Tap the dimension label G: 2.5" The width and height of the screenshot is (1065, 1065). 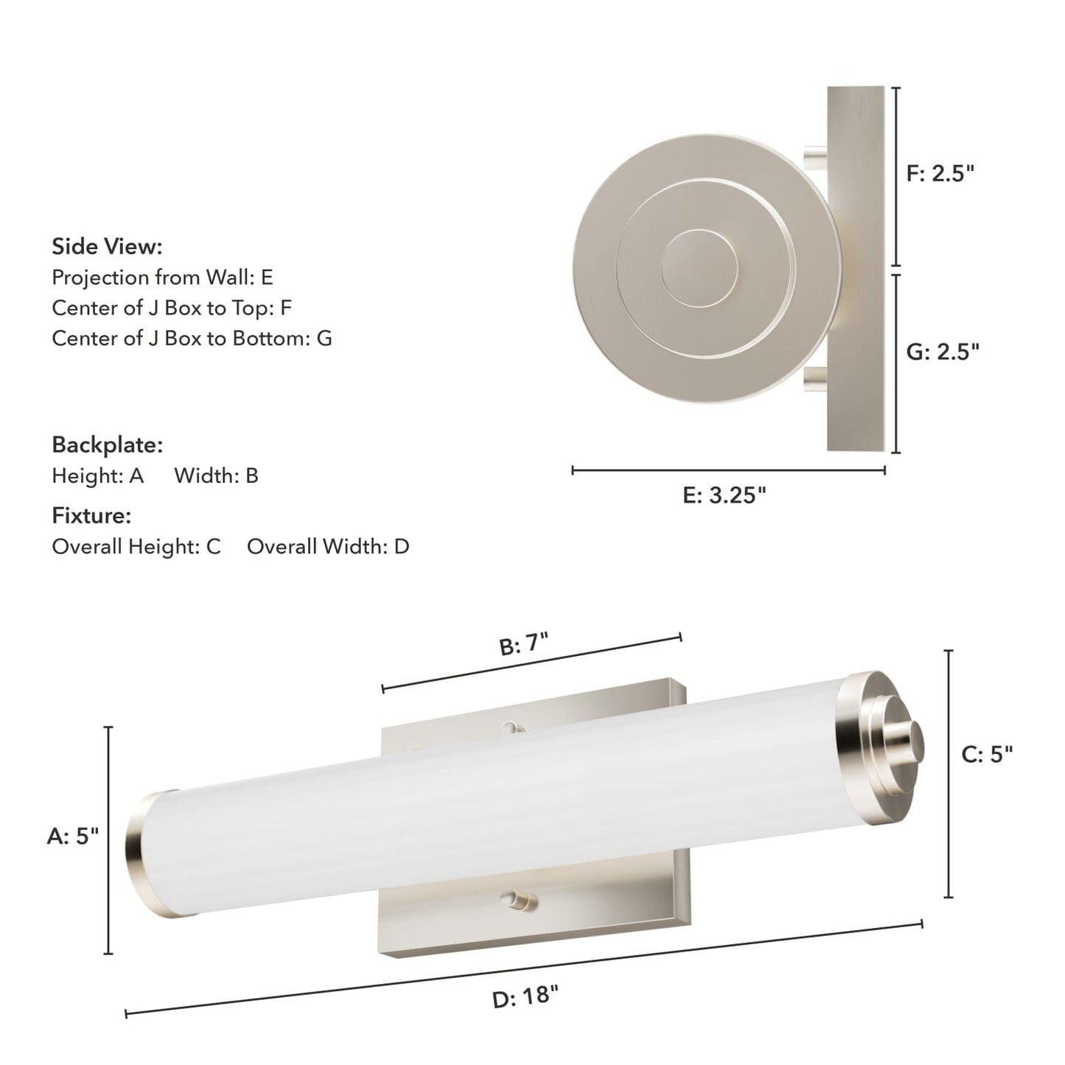[943, 352]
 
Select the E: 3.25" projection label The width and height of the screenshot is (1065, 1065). [724, 495]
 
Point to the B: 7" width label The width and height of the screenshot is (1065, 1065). [525, 645]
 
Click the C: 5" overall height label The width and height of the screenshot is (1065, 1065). [988, 754]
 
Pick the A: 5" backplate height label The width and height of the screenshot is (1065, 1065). [73, 836]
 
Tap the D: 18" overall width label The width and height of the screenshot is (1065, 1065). [525, 997]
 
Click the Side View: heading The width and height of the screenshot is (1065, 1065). [107, 246]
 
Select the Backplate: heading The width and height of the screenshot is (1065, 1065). [107, 445]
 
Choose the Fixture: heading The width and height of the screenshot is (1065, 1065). [91, 516]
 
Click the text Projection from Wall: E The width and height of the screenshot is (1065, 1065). [162, 277]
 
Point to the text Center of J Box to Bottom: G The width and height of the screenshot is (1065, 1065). [192, 338]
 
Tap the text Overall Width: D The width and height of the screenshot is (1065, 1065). [328, 547]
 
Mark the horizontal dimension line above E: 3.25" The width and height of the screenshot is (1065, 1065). [728, 469]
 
